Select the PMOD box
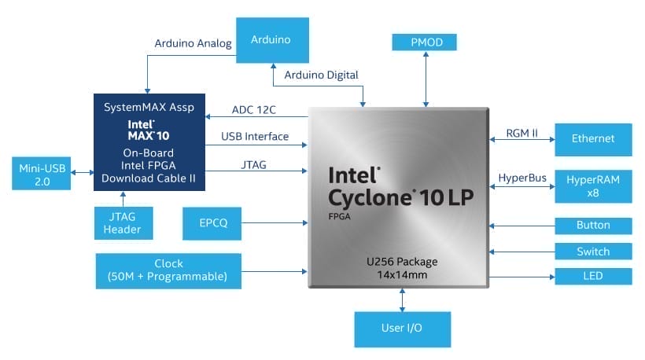tap(425, 42)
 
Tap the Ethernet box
tap(593, 139)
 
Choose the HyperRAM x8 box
tap(593, 186)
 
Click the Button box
tap(593, 226)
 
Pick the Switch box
tap(593, 252)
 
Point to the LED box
tap(593, 277)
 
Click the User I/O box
tap(403, 329)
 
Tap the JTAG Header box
tap(122, 222)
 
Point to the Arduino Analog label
tap(193, 44)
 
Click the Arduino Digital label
tap(323, 75)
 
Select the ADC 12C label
tap(256, 109)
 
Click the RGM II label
tap(522, 134)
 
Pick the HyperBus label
tap(522, 178)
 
